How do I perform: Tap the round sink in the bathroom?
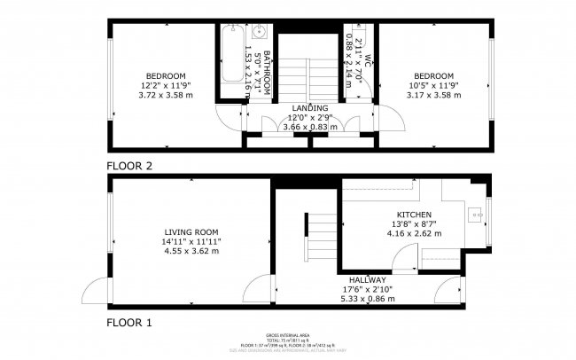(x=261, y=34)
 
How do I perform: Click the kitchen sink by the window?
(x=478, y=212)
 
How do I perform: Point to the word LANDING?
(x=309, y=108)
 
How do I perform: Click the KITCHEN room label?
(x=414, y=215)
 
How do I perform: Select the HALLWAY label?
(x=367, y=280)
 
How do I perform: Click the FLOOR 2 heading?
(x=130, y=166)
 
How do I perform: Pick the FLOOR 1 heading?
(x=130, y=321)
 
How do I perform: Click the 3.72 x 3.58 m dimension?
(x=166, y=95)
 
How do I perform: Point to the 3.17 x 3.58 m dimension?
(x=433, y=95)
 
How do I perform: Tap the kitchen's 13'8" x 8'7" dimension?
(x=414, y=225)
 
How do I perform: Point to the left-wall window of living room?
(x=109, y=230)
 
